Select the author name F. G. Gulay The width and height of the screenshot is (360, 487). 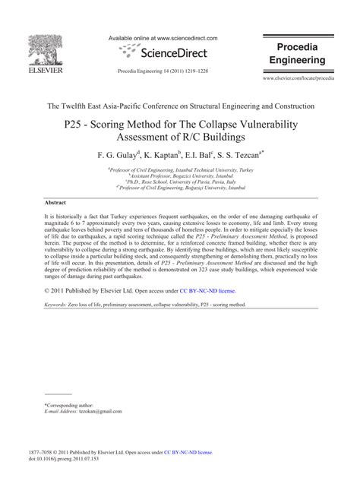pyautogui.click(x=118, y=154)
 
